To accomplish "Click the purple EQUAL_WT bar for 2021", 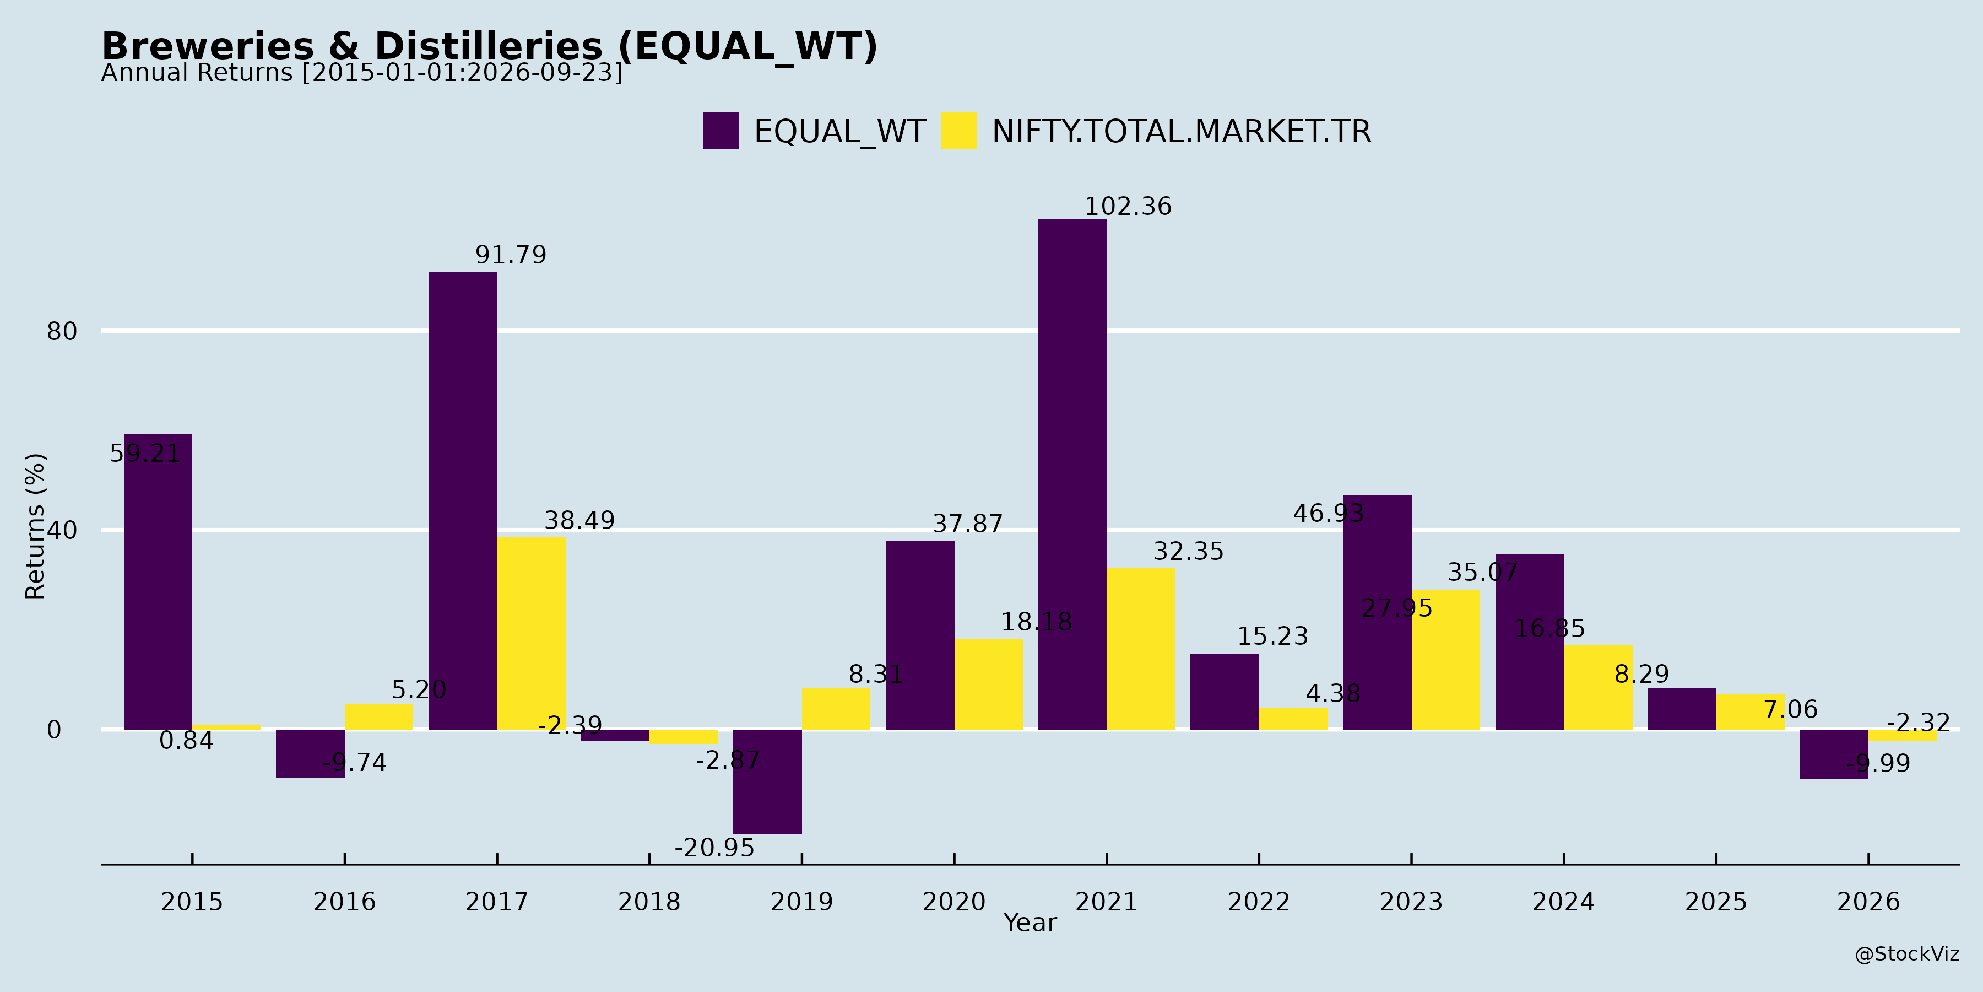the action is pos(1072,475).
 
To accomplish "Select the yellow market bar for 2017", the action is pos(531,633).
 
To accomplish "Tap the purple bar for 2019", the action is pos(767,781).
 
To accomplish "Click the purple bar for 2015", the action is pos(158,581).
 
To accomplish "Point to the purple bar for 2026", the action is pos(1834,754).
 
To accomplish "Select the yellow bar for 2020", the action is pos(988,684).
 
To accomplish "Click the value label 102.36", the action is pos(1128,207).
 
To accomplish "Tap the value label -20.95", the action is pos(714,848).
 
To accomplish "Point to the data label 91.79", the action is pos(511,255).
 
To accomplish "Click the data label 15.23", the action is pos(1272,636).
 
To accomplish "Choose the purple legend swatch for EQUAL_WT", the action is pos(720,131).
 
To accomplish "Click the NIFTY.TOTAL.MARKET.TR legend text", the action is pos(1182,132).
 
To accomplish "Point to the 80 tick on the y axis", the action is pos(62,332).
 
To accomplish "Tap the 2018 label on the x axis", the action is pos(649,902).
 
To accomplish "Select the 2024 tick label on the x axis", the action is pos(1563,902).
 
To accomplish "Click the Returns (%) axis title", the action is pos(35,526).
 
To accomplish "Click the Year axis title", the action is pos(1030,923).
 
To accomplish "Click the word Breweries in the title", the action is pos(208,46).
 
